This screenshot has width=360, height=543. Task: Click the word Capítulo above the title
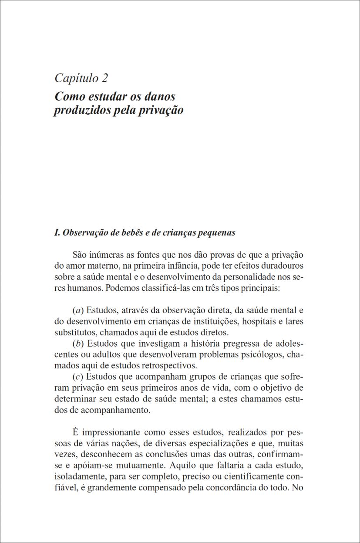[77, 79]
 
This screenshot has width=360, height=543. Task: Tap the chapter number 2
[104, 78]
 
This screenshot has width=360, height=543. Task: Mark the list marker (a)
[78, 311]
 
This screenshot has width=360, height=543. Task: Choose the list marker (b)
[78, 344]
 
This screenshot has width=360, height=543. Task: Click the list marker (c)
[78, 377]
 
